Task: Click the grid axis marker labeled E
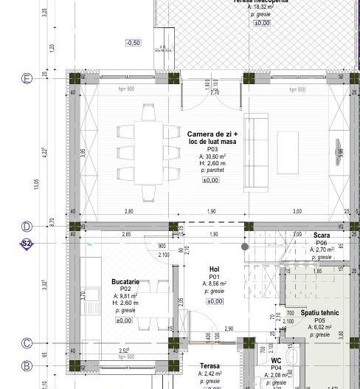[27, 78]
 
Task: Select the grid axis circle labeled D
[27, 226]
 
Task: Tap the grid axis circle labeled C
[27, 342]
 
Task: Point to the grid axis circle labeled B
[27, 365]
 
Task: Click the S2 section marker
[27, 243]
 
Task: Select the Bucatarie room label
[125, 282]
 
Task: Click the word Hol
[214, 269]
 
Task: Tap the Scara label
[321, 235]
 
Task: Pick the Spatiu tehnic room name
[319, 313]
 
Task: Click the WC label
[276, 360]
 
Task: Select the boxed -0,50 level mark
[133, 43]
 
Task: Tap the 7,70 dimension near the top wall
[215, 92]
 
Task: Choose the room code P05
[319, 320]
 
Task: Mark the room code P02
[125, 289]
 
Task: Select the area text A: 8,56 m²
[214, 283]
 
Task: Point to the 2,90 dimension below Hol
[229, 328]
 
